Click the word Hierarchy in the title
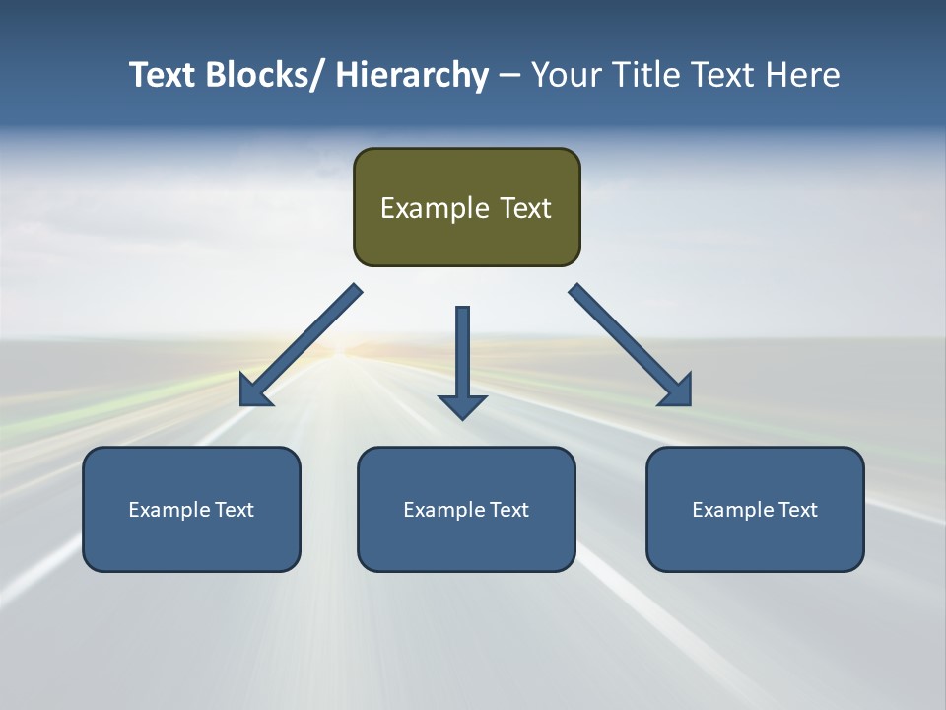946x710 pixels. [x=412, y=75]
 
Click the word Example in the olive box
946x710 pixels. [x=435, y=208]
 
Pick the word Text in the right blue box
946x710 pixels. [x=797, y=510]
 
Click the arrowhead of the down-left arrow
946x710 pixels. [x=254, y=391]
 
